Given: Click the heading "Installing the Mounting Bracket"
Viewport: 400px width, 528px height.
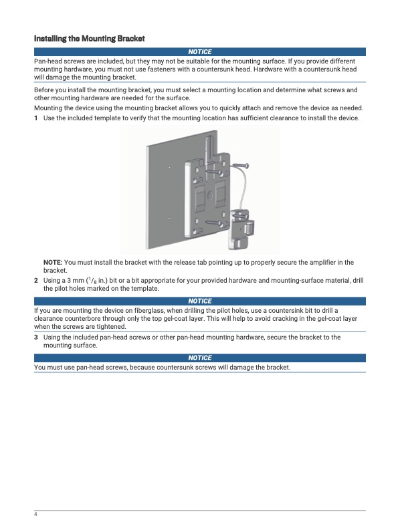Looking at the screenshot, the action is (90, 38).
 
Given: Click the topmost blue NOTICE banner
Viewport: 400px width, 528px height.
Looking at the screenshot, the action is (200, 51).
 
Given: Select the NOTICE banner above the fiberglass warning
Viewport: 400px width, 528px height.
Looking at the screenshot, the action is (200, 301).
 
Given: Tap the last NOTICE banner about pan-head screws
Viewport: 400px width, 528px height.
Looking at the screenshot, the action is (200, 358).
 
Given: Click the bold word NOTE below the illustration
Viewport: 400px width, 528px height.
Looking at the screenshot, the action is (53, 262).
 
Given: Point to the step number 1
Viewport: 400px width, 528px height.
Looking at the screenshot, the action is (35, 118).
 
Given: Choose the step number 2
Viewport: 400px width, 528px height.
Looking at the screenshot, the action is (35, 281).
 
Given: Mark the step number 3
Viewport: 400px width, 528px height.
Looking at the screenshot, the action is (35, 338).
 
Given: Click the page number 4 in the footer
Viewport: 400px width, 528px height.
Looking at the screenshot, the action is (35, 514).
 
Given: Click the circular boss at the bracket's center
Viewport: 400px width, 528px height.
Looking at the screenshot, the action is (209, 195).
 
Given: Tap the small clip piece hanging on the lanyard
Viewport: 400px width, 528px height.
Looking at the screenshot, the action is (241, 229).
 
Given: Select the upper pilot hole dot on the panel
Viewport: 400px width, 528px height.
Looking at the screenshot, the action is (169, 167).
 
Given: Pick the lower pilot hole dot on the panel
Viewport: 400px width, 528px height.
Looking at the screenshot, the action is (169, 218).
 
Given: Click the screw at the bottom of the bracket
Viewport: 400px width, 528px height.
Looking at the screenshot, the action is (213, 223).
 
